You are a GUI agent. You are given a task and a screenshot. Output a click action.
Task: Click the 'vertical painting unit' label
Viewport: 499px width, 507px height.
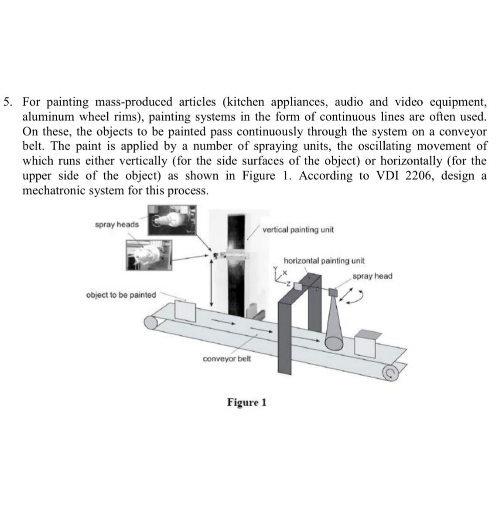coord(298,230)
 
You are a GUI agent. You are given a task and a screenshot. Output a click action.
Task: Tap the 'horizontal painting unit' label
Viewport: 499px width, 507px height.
coord(324,261)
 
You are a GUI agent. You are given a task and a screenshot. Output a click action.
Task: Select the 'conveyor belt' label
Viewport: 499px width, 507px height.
coord(226,359)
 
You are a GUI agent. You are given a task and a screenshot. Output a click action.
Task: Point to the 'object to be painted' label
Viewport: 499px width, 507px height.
coord(121,295)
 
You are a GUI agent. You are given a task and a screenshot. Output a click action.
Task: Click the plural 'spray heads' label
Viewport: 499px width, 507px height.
coord(116,224)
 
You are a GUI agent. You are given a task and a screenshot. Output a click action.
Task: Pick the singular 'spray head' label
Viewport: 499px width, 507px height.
coord(372,276)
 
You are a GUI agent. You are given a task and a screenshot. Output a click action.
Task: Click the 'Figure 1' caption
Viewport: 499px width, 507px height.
coord(246,402)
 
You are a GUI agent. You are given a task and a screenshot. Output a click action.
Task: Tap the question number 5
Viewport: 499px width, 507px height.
coord(7,102)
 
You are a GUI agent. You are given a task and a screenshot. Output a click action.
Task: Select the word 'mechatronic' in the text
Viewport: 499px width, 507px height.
coord(51,191)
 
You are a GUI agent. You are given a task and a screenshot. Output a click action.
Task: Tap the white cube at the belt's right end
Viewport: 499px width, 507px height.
coord(366,343)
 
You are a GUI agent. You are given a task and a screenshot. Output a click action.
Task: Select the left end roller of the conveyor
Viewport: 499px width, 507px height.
coord(151,323)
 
